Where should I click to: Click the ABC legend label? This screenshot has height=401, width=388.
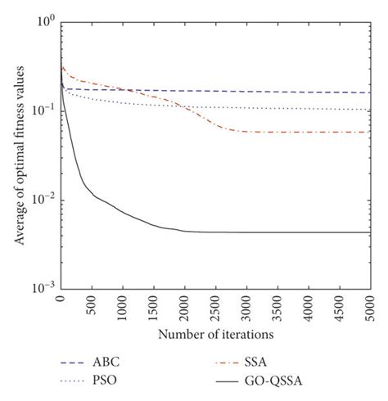point(115,360)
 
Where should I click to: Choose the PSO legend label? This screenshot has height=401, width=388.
point(115,381)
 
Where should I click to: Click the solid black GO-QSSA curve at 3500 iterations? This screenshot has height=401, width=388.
point(277,232)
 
